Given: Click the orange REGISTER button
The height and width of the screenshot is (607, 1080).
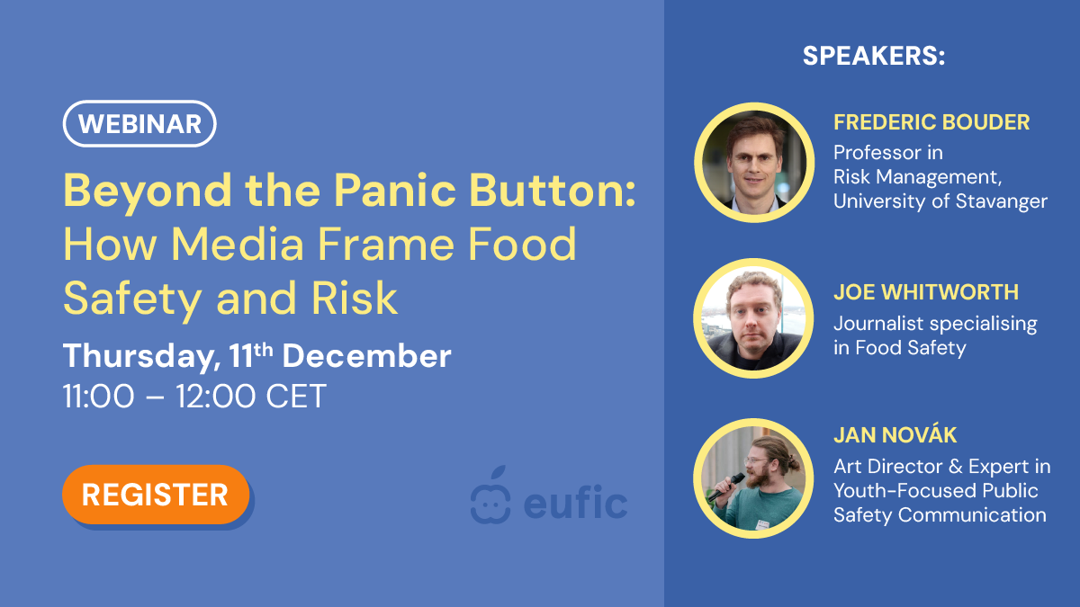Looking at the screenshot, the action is click(x=156, y=495).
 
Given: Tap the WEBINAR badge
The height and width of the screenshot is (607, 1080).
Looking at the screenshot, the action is click(x=139, y=124).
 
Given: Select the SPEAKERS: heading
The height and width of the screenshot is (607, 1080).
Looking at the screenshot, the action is click(x=874, y=56).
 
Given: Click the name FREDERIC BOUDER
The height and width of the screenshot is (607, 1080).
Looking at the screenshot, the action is click(x=931, y=122).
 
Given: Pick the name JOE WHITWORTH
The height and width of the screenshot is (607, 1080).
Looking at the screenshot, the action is click(x=926, y=292).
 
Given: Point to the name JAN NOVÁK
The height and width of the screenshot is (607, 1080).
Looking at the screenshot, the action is click(x=895, y=434).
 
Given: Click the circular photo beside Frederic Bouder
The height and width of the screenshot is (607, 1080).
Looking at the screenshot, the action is click(x=754, y=163).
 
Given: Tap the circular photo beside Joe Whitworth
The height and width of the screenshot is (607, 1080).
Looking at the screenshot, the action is click(x=753, y=318).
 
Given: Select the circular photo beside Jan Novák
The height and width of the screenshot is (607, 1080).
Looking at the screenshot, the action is click(x=753, y=478).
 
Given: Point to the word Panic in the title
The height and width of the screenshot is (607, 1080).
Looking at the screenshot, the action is click(x=395, y=191).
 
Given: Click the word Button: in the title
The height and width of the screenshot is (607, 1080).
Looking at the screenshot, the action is click(x=553, y=191).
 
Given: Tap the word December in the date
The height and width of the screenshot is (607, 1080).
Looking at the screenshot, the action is click(x=366, y=356).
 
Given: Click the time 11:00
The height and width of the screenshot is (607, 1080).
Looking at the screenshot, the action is click(x=99, y=397).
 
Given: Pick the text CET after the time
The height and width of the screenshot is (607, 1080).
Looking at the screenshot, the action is click(x=296, y=397).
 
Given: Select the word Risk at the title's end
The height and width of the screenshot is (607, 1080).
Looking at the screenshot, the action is click(x=355, y=299).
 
